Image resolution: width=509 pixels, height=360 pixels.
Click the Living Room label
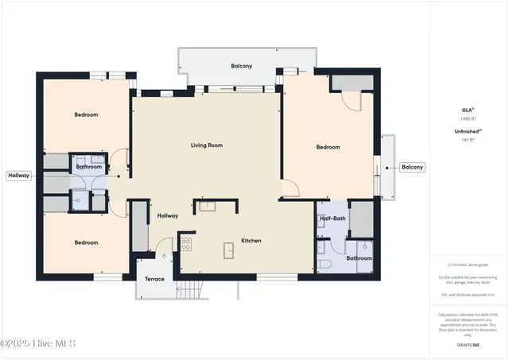coord(206,145)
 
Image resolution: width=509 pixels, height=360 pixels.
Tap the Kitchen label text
coord(251,241)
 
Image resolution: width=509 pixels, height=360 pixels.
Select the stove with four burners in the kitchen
coord(186,243)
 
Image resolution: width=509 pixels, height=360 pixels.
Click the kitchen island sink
coord(229,251)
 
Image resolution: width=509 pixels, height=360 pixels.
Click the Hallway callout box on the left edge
coord(18,176)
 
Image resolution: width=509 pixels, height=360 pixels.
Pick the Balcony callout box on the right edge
coord(412,167)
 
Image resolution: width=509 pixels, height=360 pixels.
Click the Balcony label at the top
coord(242,66)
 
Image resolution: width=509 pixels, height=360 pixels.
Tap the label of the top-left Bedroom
coord(86,115)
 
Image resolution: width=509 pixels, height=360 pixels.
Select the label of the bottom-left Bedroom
coord(86,242)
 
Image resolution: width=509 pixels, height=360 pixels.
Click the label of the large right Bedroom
coord(328,147)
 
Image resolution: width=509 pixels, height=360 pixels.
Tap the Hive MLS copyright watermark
coord(38,343)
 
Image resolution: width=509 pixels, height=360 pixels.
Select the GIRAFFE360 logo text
coord(468,345)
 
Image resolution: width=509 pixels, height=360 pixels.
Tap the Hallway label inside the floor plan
coord(167,215)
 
